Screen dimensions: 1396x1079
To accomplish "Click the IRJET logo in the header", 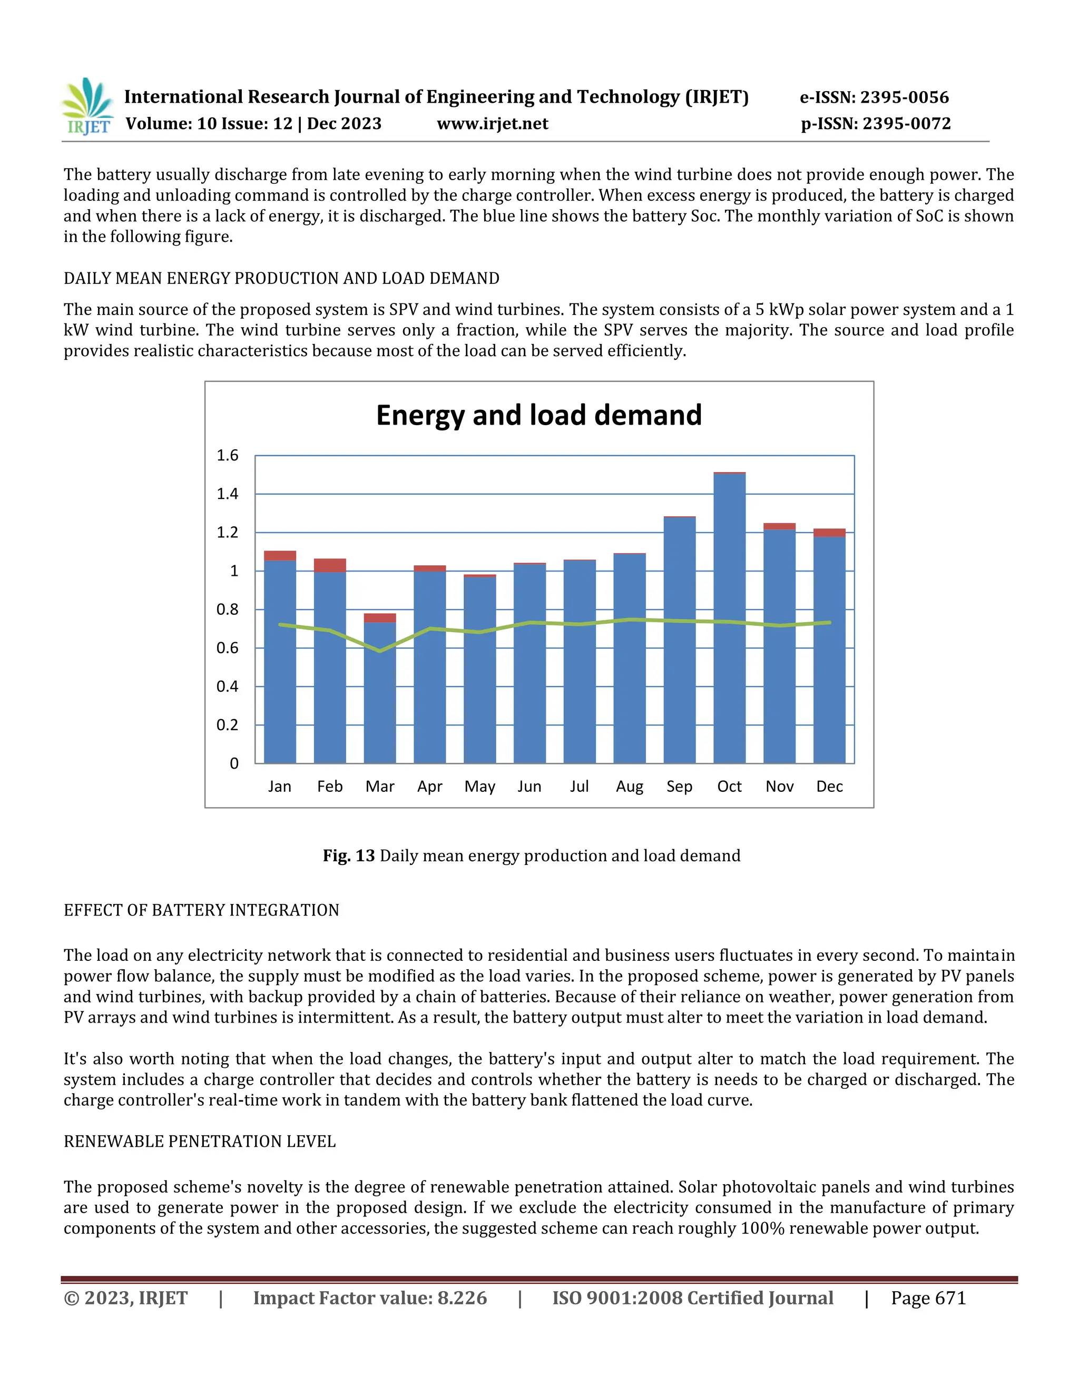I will pyautogui.click(x=87, y=107).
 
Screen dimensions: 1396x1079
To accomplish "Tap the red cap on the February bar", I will pyautogui.click(x=330, y=565).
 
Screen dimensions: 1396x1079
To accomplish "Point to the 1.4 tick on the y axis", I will pyautogui.click(x=227, y=494).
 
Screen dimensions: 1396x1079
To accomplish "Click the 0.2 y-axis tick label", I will pyautogui.click(x=227, y=725).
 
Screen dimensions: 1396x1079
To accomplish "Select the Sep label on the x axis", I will pyautogui.click(x=680, y=787).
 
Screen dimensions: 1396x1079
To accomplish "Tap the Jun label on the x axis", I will pyautogui.click(x=529, y=787).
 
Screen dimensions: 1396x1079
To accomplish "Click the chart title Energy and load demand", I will pyautogui.click(x=539, y=416).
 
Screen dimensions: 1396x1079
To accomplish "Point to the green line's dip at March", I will pyautogui.click(x=380, y=651).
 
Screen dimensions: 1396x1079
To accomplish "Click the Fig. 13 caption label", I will pyautogui.click(x=348, y=856).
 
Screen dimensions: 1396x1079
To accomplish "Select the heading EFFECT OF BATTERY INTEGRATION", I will pyautogui.click(x=201, y=910).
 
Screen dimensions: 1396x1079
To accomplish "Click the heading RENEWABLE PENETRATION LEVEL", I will pyautogui.click(x=200, y=1142).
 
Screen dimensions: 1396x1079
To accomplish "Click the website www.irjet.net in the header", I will pyautogui.click(x=492, y=124).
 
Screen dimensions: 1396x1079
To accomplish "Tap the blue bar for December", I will pyautogui.click(x=830, y=652).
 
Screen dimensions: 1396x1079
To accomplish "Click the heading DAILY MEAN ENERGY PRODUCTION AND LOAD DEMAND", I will pyautogui.click(x=281, y=279).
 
